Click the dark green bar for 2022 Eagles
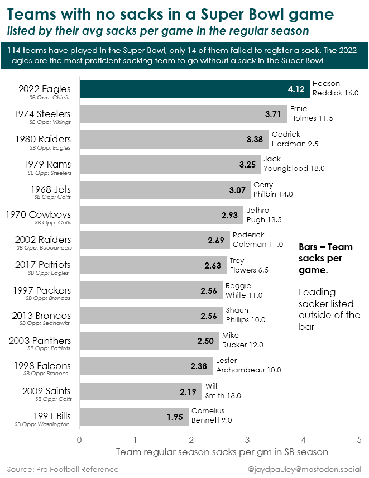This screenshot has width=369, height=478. click(x=190, y=89)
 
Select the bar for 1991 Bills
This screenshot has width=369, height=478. click(x=134, y=417)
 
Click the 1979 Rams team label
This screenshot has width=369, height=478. click(x=47, y=164)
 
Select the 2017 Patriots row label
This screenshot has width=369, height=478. click(x=44, y=265)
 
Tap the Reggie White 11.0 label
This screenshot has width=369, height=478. click(x=243, y=290)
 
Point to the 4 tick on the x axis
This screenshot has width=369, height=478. click(x=304, y=440)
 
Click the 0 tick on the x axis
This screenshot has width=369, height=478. click(x=80, y=440)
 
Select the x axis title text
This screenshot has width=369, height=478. click(x=222, y=451)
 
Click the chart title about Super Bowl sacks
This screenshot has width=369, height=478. click(x=171, y=14)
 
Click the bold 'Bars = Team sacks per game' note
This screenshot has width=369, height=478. click(x=325, y=259)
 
